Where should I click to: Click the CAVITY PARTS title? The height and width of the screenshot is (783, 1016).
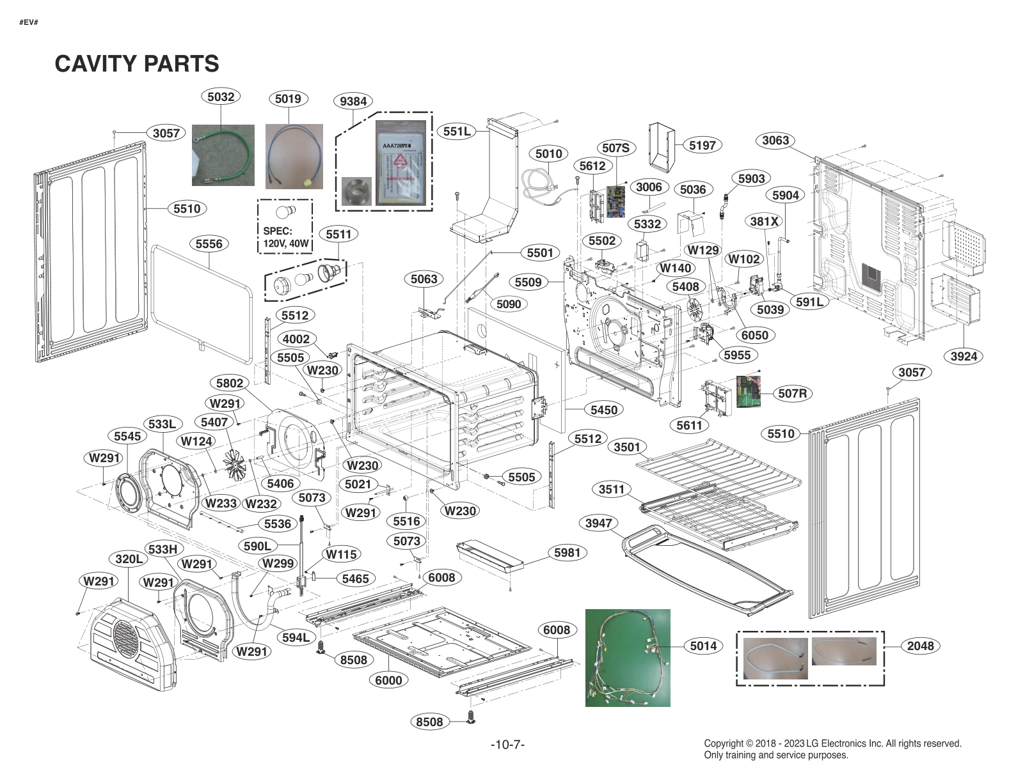click(x=137, y=64)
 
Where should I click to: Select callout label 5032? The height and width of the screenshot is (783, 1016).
click(x=221, y=97)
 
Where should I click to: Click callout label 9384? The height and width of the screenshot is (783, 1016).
click(x=353, y=101)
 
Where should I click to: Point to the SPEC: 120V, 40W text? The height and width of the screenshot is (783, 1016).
click(x=285, y=237)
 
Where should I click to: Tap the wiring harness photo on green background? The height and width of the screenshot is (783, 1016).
click(x=628, y=658)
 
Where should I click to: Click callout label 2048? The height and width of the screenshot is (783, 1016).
click(x=920, y=646)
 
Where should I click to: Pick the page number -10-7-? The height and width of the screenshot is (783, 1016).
click(x=507, y=745)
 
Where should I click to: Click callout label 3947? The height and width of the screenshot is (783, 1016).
click(x=599, y=523)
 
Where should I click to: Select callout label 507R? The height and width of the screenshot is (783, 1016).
click(x=793, y=394)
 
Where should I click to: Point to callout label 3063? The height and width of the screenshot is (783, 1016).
click(x=775, y=140)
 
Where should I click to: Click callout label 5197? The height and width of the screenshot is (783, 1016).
click(x=702, y=145)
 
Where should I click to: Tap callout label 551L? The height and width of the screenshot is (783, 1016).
click(x=457, y=132)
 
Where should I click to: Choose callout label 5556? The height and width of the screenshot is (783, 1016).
click(x=209, y=244)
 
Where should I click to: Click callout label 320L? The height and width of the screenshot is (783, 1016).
click(x=129, y=559)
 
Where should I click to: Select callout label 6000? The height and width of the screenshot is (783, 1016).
click(x=388, y=680)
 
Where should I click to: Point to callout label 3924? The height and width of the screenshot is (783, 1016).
click(x=964, y=356)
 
